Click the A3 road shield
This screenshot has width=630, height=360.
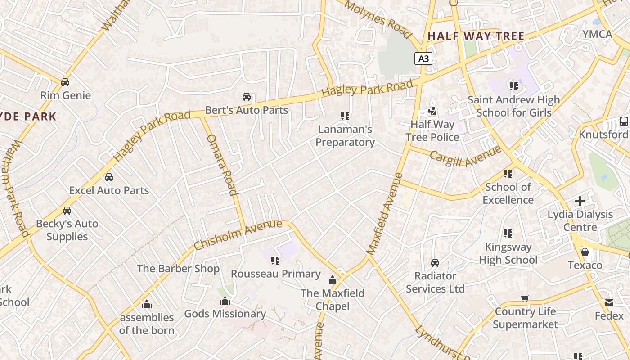point(423,58)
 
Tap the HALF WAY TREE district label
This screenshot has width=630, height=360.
point(476,36)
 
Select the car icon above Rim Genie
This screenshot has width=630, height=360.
point(65,82)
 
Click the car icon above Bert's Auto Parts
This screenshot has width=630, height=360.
point(247,97)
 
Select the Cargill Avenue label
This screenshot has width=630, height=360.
point(465,155)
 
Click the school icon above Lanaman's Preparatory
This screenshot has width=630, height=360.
point(345,116)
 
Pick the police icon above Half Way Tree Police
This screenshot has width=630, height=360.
point(432,111)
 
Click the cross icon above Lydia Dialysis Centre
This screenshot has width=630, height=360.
point(580,201)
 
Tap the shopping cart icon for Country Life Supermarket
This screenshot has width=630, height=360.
point(525,298)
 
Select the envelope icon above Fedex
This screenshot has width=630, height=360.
point(609,303)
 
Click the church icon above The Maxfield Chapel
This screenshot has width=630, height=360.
point(333,280)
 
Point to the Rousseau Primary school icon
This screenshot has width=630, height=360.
point(275,261)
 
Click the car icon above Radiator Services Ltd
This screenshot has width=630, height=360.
point(435,262)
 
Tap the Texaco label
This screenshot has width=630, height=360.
point(585,265)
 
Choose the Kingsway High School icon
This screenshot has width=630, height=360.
point(508,234)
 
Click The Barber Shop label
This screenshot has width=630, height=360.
point(178,269)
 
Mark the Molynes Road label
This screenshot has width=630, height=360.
point(379,19)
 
